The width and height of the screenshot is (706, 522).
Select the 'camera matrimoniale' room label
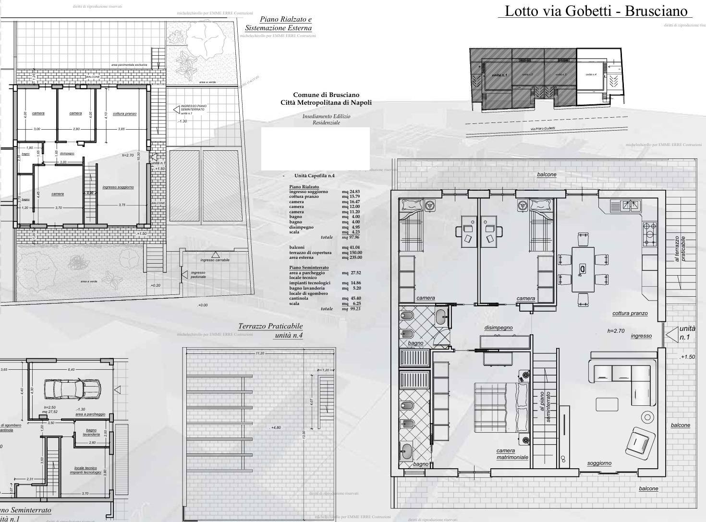512,454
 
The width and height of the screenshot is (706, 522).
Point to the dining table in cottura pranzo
583,269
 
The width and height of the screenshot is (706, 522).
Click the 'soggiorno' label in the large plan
599,463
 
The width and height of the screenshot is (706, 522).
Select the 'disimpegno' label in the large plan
498,328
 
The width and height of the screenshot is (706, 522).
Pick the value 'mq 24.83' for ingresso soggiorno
351,192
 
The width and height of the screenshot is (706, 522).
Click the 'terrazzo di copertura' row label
310,253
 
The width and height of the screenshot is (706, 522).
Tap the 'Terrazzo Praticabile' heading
270,327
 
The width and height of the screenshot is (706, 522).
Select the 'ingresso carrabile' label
215,260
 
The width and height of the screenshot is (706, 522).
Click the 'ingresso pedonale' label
198,275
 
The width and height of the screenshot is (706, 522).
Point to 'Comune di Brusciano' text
326,95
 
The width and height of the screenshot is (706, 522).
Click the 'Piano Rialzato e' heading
285,20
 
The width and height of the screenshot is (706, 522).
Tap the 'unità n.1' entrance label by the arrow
687,333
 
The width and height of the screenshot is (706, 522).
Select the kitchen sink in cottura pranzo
626,206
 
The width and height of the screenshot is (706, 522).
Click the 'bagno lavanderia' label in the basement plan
91,432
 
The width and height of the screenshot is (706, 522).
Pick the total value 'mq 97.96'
351,237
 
